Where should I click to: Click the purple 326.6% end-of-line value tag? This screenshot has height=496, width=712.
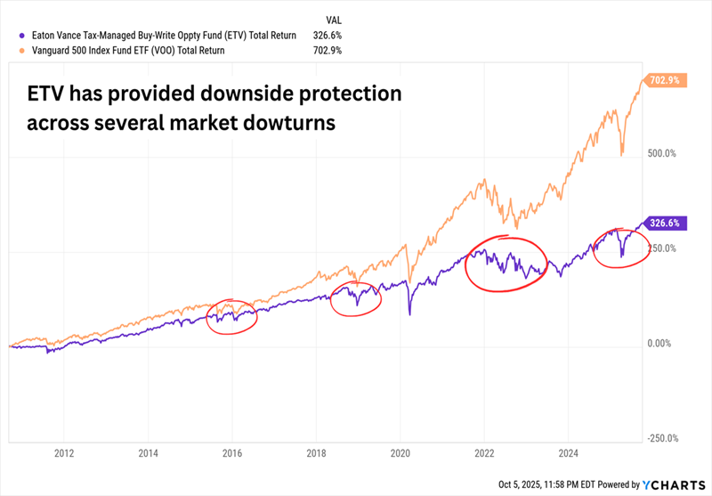667,224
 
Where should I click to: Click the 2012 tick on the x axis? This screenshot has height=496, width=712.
63,452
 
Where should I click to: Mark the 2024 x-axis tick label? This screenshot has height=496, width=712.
568,452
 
